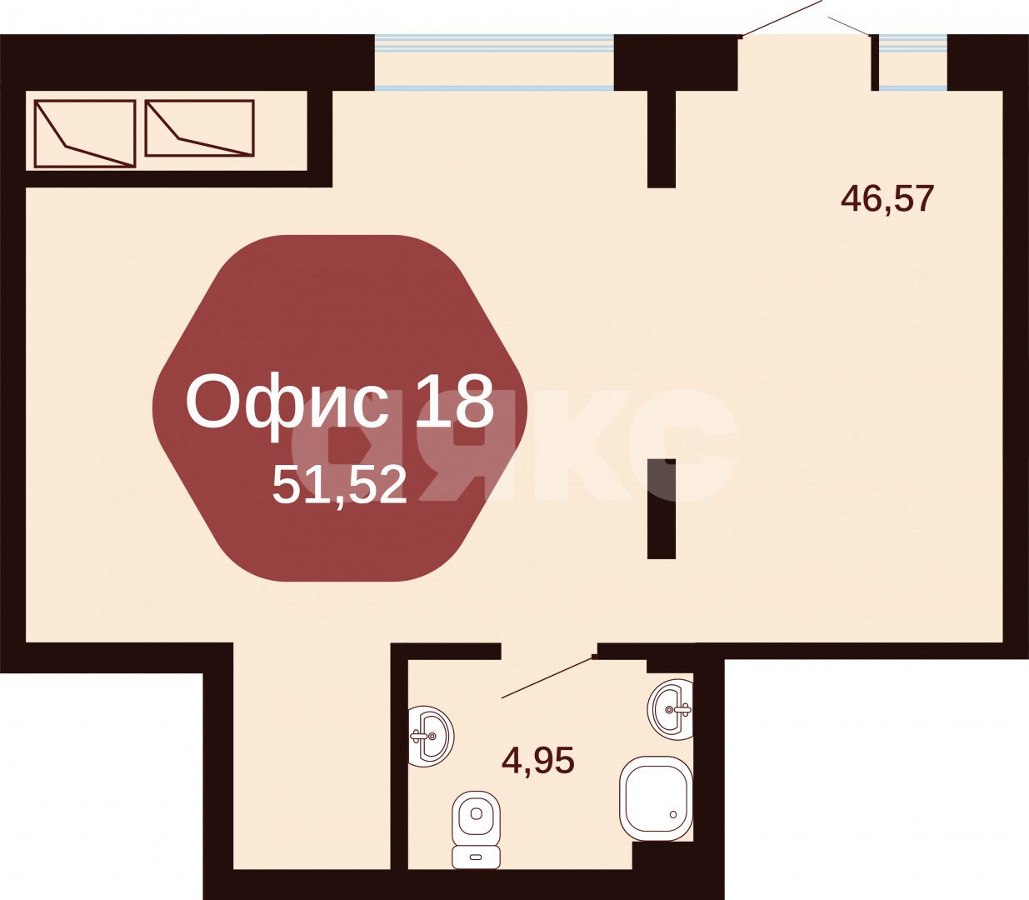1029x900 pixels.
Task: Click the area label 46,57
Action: click(887, 199)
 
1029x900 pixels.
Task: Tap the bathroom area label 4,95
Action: click(538, 760)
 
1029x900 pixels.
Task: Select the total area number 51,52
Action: click(339, 485)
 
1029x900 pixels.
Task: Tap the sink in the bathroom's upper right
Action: click(671, 709)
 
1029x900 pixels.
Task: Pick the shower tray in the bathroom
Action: click(656, 798)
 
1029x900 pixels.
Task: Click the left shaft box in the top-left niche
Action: click(85, 133)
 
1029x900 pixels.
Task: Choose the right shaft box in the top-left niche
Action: click(199, 127)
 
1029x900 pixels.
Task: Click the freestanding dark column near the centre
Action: click(662, 508)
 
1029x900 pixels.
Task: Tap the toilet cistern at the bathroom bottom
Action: click(476, 855)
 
